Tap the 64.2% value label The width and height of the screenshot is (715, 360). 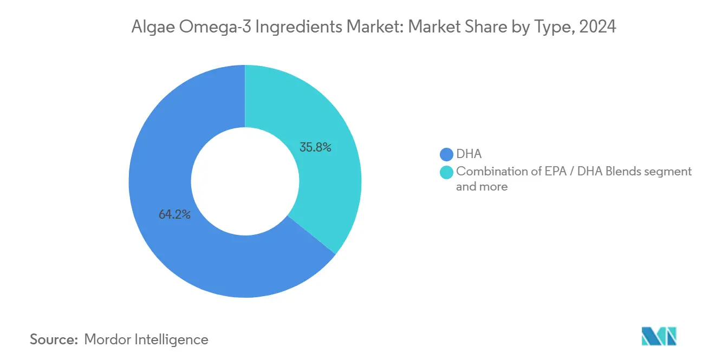click(x=174, y=214)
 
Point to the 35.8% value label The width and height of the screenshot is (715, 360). click(x=315, y=147)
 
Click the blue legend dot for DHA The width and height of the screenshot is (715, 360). click(x=446, y=154)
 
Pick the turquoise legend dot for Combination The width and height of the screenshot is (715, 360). click(x=446, y=172)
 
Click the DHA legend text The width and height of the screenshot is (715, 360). click(x=469, y=154)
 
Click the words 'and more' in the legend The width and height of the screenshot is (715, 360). click(x=482, y=187)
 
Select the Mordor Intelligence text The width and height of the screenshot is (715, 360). click(x=146, y=339)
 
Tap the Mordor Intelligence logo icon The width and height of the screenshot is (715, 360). click(x=659, y=337)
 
